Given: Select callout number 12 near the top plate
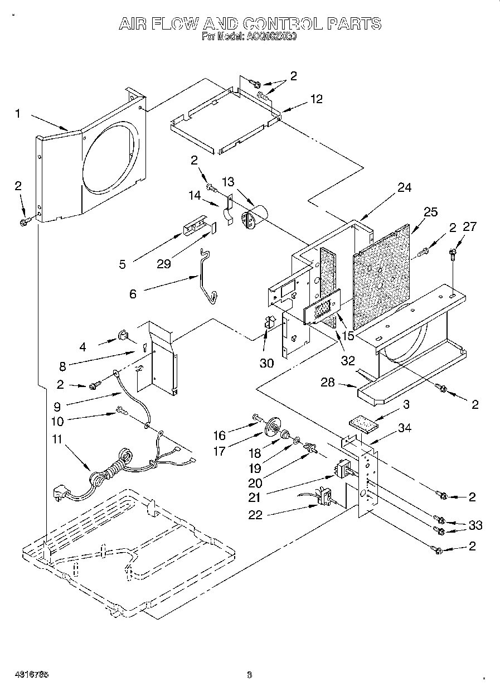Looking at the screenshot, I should tap(316, 99).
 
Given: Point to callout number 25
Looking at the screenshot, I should tap(430, 212).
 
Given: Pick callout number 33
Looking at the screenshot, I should tap(475, 525).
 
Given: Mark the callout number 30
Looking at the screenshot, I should tap(266, 363).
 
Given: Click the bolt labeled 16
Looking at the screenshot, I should tap(258, 417).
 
